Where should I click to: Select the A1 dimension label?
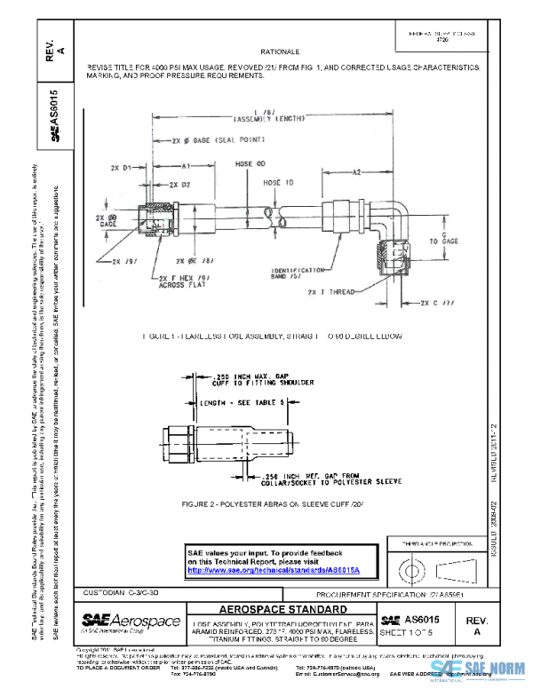coord(187,165)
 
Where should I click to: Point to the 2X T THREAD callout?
coord(330,291)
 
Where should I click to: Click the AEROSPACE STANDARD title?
coord(283,610)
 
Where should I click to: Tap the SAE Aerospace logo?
coord(130,620)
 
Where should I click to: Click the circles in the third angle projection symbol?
coord(410,565)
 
